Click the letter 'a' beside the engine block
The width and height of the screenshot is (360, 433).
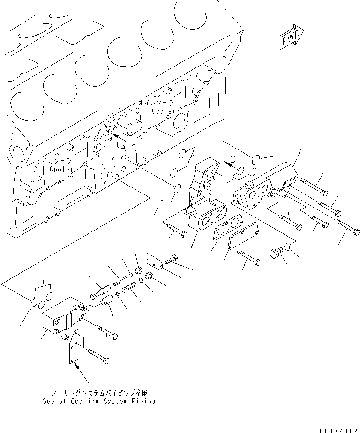tap(134, 149)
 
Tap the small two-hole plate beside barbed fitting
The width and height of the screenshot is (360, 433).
tap(154, 261)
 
